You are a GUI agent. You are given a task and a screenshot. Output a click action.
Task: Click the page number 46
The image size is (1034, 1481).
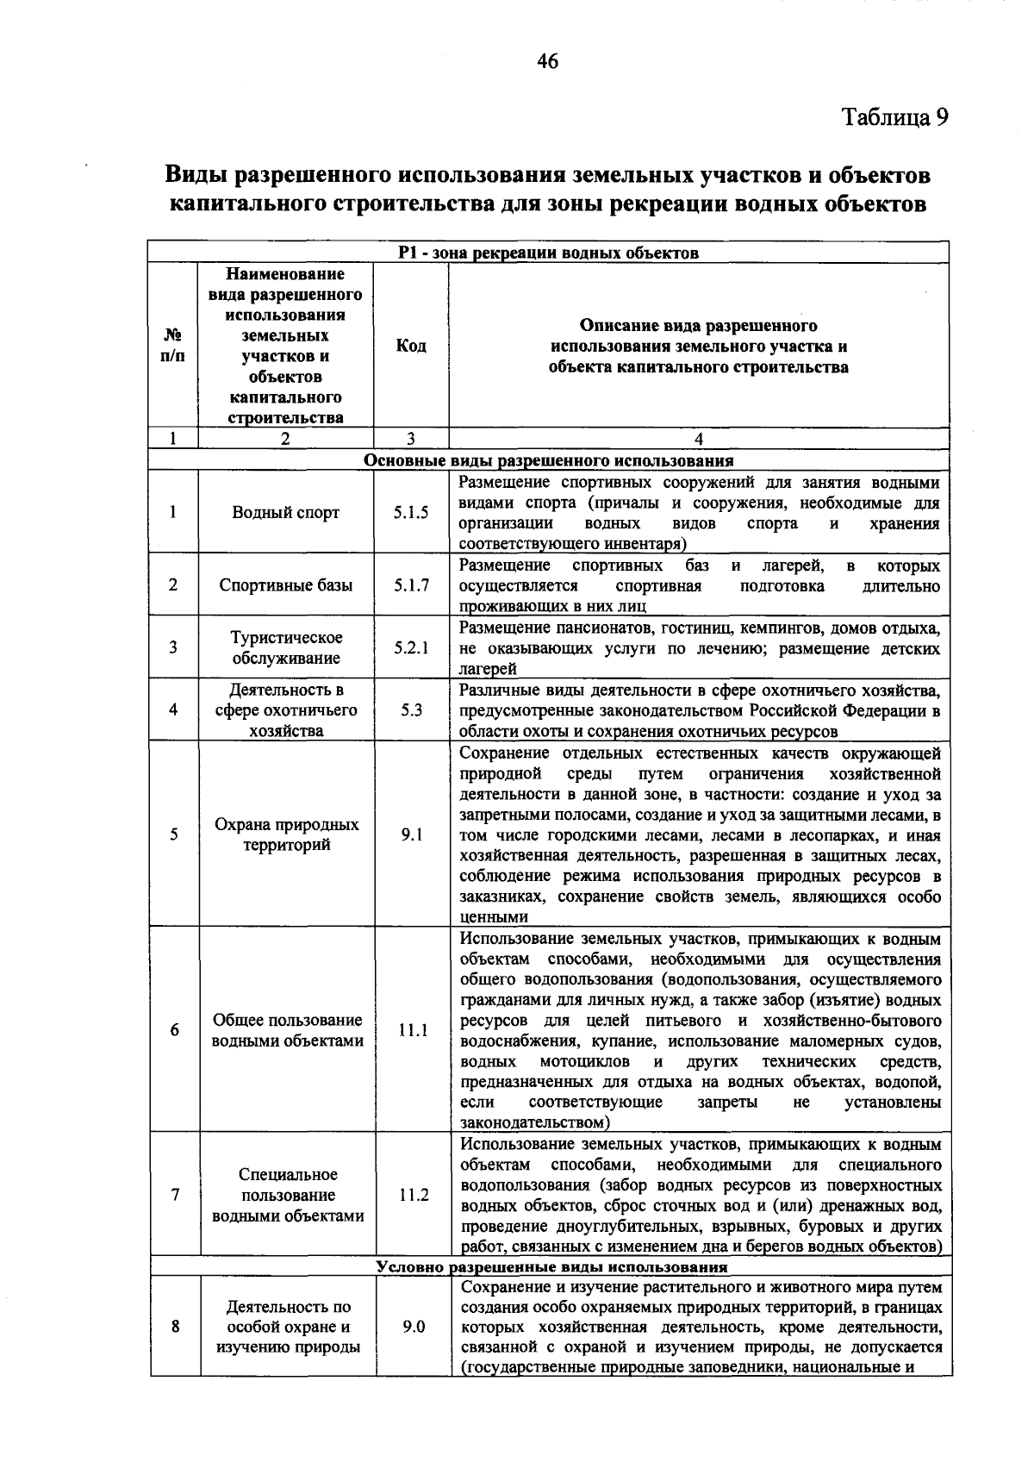[547, 60]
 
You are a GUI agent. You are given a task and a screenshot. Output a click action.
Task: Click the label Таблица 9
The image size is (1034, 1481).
[894, 117]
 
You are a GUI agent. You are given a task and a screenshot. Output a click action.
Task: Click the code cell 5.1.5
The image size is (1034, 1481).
[411, 513]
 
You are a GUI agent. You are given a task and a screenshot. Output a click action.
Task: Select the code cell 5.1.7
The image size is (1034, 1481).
[411, 585]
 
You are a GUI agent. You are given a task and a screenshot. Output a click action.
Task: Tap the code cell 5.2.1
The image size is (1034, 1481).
[411, 647]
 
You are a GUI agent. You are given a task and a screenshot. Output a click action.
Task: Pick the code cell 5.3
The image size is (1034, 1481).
[411, 710]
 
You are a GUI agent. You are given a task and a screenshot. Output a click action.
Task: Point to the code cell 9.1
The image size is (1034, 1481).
[411, 834]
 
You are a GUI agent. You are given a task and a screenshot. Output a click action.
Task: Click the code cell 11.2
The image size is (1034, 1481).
[413, 1196]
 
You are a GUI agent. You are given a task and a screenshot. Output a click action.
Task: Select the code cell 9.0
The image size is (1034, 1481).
[413, 1327]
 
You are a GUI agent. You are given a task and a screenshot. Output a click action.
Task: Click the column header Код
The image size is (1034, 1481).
[411, 347]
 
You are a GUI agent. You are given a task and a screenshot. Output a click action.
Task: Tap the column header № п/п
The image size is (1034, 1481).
[173, 347]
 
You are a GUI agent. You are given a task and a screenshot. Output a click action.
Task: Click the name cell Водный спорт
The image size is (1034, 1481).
[286, 513]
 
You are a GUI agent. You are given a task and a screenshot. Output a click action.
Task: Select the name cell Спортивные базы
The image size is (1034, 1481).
[286, 585]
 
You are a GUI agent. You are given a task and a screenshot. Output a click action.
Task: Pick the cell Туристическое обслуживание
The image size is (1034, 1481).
[286, 647]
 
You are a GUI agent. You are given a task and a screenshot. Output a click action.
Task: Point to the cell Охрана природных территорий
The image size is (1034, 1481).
[286, 834]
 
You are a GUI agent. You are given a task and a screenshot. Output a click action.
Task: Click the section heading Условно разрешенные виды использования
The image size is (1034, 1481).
[551, 1266]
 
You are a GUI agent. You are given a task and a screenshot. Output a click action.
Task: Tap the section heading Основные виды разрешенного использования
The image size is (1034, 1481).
[548, 460]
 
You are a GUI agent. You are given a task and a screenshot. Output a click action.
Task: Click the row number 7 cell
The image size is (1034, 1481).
[175, 1196]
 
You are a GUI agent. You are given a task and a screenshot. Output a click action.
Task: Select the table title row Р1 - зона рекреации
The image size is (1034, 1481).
[548, 253]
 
